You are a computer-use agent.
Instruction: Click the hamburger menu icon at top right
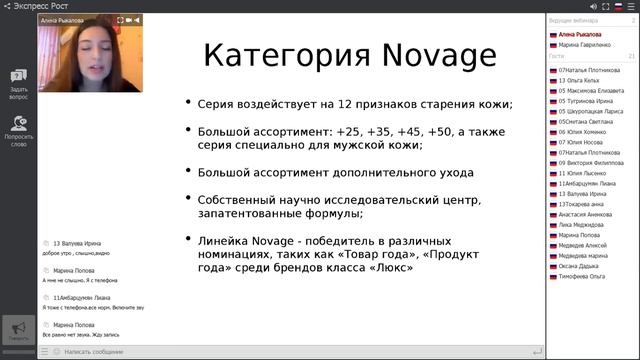point(630,7)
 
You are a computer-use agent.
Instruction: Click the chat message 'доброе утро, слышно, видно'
point(80,254)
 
